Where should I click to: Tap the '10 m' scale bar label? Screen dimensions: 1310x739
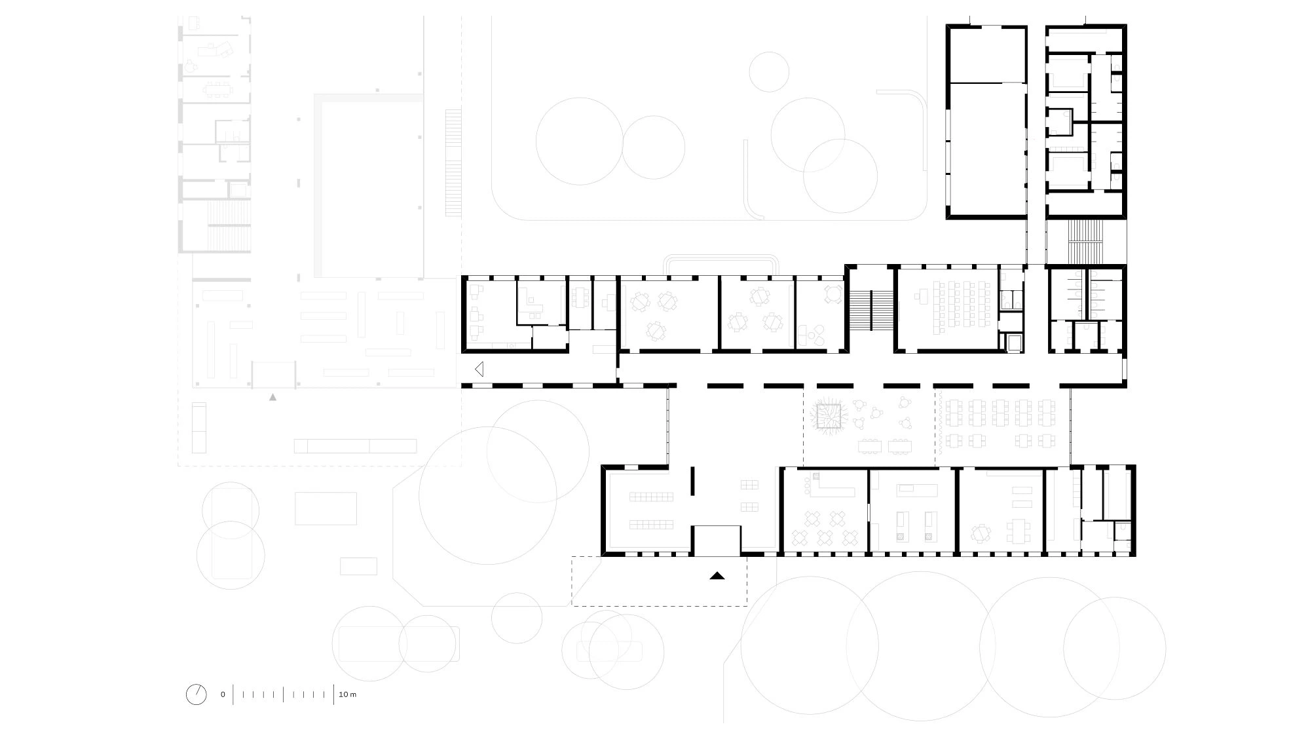[x=347, y=694]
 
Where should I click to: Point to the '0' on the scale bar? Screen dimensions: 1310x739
[x=223, y=694]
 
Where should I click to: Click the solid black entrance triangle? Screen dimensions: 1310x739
[x=717, y=577]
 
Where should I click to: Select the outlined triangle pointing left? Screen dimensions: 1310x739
[x=479, y=369]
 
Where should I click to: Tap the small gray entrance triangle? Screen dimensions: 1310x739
[x=273, y=397]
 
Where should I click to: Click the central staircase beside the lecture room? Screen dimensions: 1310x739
[x=870, y=310]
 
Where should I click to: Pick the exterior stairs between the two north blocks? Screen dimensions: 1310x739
[x=1086, y=241]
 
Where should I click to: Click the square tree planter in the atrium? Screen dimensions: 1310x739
[x=829, y=415]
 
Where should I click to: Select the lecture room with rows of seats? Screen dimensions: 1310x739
[x=946, y=309]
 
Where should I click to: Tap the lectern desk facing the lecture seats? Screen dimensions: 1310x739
[x=920, y=296]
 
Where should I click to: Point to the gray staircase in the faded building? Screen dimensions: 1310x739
[x=229, y=226]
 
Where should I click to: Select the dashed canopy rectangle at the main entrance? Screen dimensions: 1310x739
[x=660, y=581]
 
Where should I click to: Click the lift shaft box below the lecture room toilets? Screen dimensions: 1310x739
[x=1013, y=343]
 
